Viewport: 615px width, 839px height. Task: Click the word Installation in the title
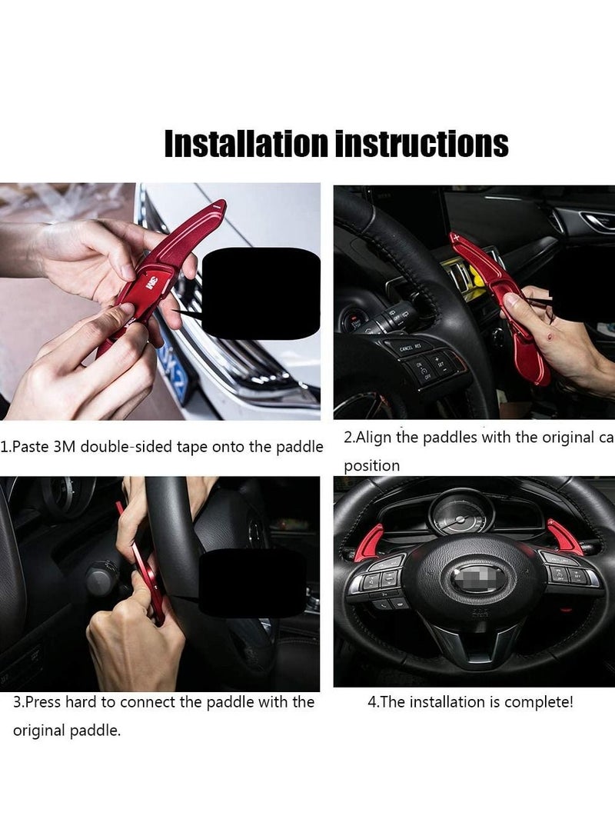coord(246,144)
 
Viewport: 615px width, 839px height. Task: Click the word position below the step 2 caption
coord(371,466)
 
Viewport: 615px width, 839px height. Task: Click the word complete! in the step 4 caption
coord(540,702)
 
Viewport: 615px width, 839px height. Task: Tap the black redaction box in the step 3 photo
coord(252,581)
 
